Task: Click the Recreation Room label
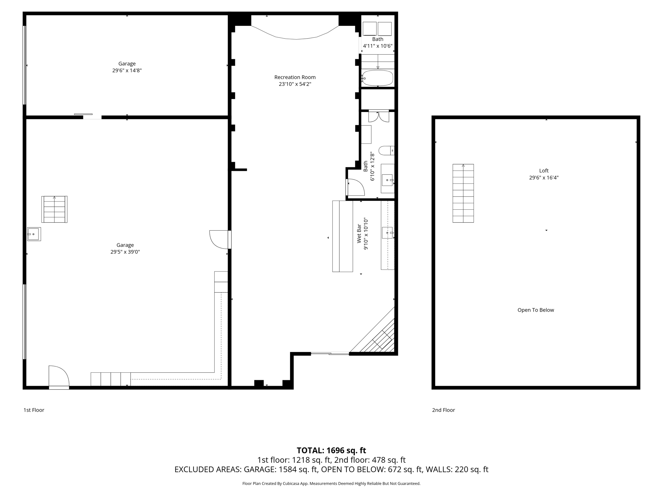[295, 77]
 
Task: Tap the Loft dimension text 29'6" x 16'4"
[544, 178]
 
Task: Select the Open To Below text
[535, 310]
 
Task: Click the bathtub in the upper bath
[377, 78]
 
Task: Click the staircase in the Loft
[463, 193]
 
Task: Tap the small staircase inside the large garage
[54, 209]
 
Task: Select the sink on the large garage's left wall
[34, 234]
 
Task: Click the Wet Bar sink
[387, 233]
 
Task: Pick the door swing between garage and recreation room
[219, 239]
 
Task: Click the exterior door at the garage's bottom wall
[59, 377]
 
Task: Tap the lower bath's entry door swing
[355, 187]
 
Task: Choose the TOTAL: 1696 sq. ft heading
[331, 450]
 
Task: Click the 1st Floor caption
[34, 410]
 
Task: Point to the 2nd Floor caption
[443, 410]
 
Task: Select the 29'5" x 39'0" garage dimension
[125, 252]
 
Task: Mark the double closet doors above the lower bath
[378, 116]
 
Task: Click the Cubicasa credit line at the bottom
[331, 483]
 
